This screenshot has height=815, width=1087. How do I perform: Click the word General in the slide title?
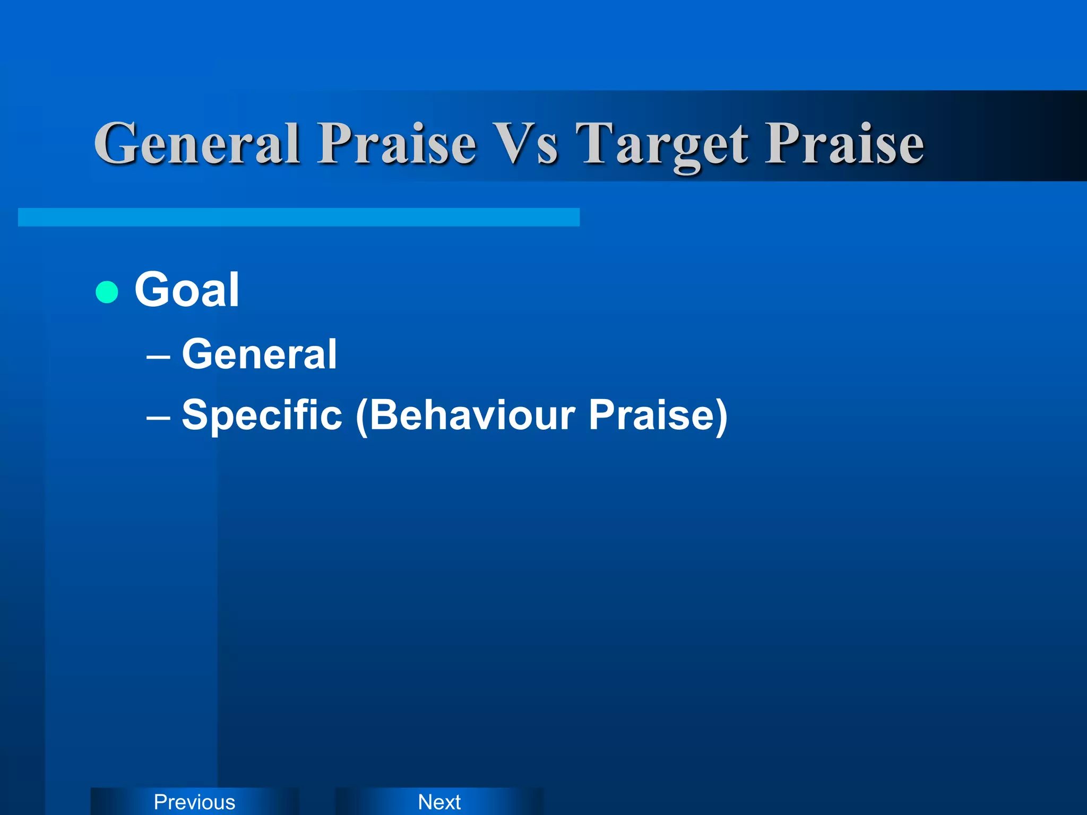[x=197, y=143]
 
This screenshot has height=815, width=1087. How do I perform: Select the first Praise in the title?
[x=396, y=143]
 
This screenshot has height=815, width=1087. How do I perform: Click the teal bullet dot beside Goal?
[x=107, y=292]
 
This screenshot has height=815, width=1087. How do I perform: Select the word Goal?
[x=187, y=290]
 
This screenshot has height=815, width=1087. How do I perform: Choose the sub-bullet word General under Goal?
[x=259, y=354]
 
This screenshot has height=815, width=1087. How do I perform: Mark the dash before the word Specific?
[x=158, y=417]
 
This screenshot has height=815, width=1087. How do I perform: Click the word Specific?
[x=262, y=415]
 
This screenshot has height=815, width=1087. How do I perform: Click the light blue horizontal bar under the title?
[x=298, y=217]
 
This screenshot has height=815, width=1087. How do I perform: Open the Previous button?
[x=194, y=802]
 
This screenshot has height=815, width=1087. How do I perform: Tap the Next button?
[x=439, y=802]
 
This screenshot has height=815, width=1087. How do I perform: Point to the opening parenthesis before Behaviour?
[x=361, y=417]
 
